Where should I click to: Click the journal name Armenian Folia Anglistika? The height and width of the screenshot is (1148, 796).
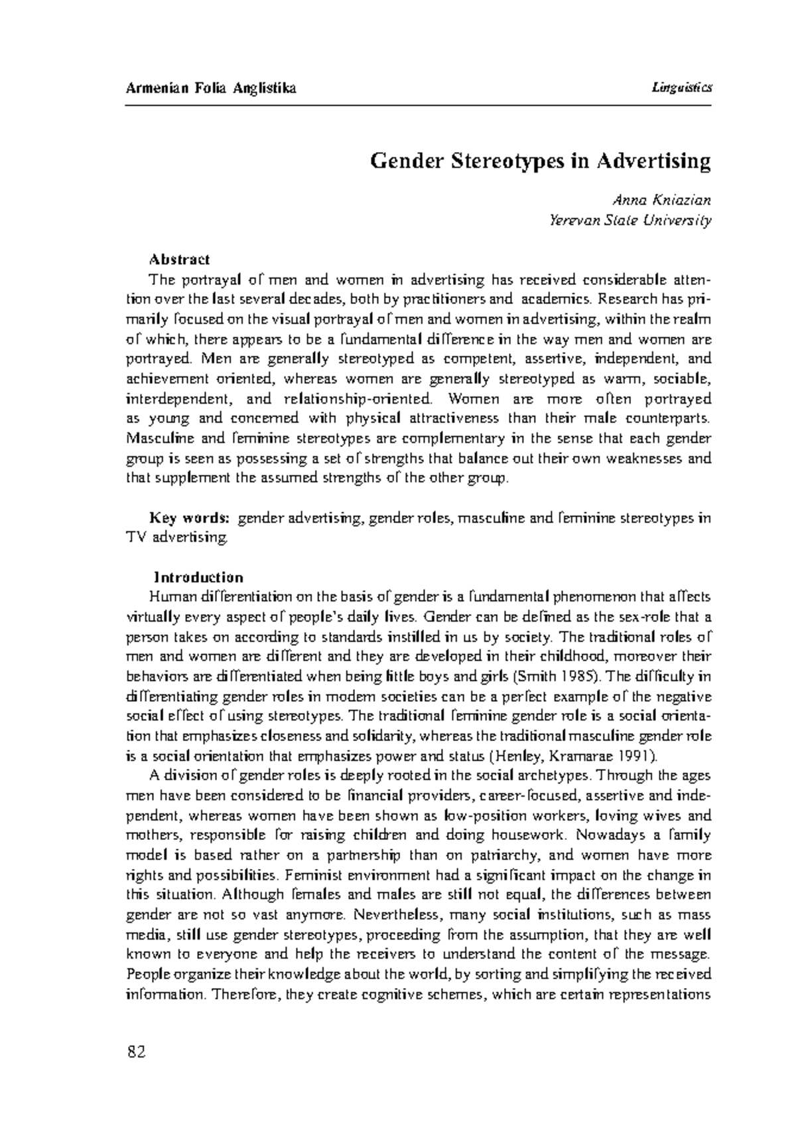coord(211,88)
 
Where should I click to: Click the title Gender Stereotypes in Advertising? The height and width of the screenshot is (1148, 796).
coord(540,161)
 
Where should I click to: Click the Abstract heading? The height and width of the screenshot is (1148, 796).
coord(179,259)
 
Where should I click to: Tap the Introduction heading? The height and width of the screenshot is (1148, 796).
coord(199,577)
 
